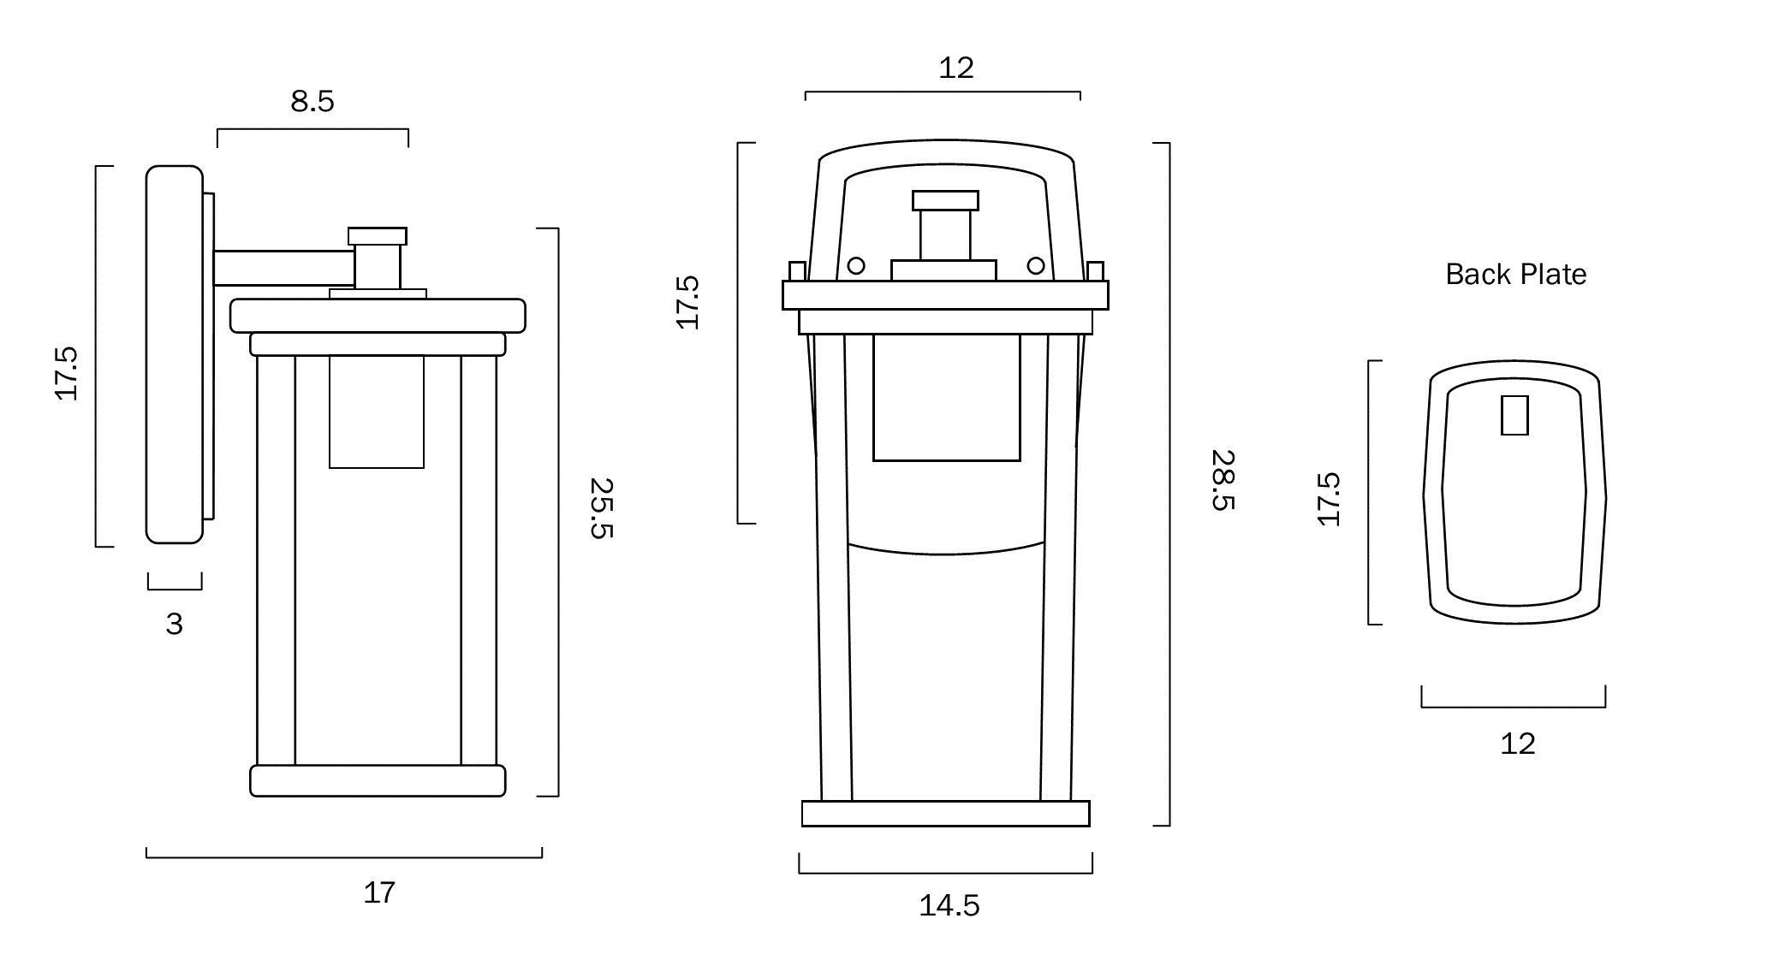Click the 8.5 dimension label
(x=312, y=102)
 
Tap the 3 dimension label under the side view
(x=174, y=625)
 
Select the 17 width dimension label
(x=379, y=893)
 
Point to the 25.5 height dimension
(x=602, y=507)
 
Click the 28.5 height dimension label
(x=1223, y=480)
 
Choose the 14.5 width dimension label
(x=949, y=905)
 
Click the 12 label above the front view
(x=955, y=68)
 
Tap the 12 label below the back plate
(x=1517, y=744)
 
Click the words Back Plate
(x=1515, y=275)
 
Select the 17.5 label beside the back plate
(x=1328, y=499)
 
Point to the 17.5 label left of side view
(x=67, y=373)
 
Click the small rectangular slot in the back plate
(x=1514, y=415)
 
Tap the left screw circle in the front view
(x=855, y=265)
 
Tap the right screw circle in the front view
(x=1035, y=265)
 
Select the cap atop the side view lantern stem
(x=377, y=236)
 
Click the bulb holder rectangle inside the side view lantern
(x=376, y=412)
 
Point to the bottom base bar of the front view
(x=945, y=814)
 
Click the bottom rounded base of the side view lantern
(x=378, y=781)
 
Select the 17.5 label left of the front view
(x=687, y=302)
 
